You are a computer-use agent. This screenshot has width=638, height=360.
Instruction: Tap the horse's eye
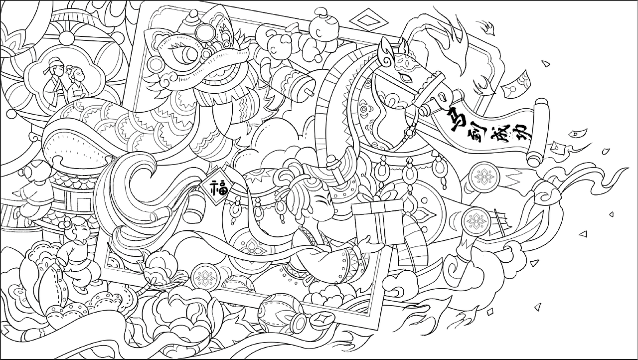[405, 78]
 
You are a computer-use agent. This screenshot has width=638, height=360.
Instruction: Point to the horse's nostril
[442, 95]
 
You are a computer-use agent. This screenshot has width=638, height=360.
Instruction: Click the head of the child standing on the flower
[78, 231]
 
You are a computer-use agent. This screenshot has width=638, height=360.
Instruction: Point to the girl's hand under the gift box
[367, 241]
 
